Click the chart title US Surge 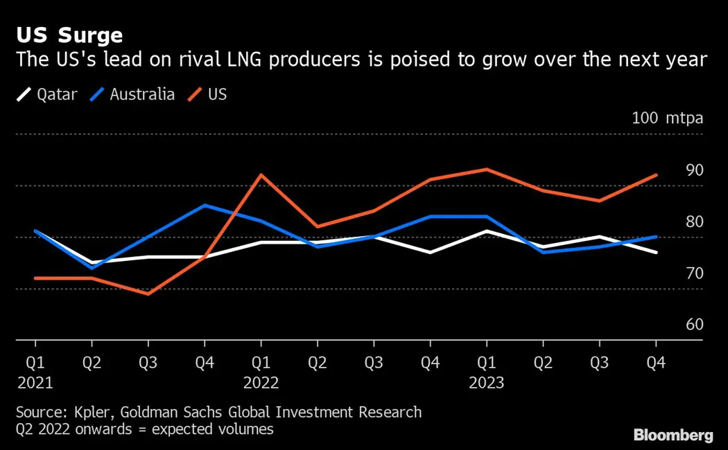pyautogui.click(x=69, y=35)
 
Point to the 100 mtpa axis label pyautogui.click(x=667, y=118)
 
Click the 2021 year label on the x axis pyautogui.click(x=35, y=383)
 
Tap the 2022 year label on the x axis pyautogui.click(x=261, y=383)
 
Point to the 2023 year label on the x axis pyautogui.click(x=486, y=383)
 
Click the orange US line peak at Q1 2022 pyautogui.click(x=261, y=174)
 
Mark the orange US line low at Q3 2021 pyautogui.click(x=148, y=294)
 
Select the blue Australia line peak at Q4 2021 pyautogui.click(x=204, y=205)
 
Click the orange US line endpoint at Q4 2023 pyautogui.click(x=656, y=175)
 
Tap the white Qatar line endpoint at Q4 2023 pyautogui.click(x=656, y=252)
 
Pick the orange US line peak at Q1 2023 pyautogui.click(x=486, y=170)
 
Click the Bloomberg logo pyautogui.click(x=673, y=435)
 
